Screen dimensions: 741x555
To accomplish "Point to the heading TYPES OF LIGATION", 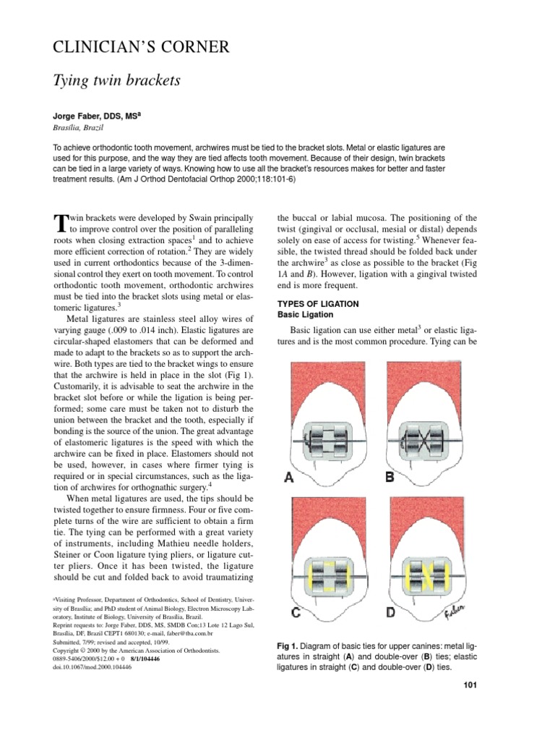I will tap(318, 304).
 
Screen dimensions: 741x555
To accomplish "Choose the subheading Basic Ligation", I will tap(306, 316).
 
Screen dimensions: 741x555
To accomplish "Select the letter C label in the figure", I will tap(296, 614).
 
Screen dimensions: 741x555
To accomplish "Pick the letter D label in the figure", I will tap(392, 614).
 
